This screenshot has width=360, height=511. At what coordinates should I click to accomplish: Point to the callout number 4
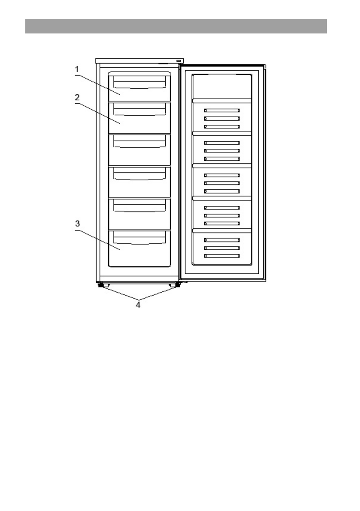[x=138, y=305]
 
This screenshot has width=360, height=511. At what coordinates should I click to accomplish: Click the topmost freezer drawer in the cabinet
[x=139, y=86]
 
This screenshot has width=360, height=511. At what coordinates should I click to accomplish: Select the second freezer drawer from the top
[x=139, y=118]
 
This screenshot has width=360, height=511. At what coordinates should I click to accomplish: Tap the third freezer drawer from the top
[x=139, y=150]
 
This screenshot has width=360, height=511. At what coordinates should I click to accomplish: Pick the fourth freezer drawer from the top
[x=139, y=182]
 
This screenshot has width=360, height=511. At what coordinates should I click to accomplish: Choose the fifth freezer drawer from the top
[x=139, y=214]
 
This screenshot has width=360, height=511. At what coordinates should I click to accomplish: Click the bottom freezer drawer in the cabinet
[x=139, y=248]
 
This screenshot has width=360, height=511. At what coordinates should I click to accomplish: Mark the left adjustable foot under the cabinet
[x=101, y=285]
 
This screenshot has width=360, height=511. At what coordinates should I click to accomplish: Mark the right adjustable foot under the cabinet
[x=173, y=285]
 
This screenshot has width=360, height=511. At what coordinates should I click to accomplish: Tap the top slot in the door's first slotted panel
[x=221, y=110]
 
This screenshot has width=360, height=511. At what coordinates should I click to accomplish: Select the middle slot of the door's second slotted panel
[x=221, y=151]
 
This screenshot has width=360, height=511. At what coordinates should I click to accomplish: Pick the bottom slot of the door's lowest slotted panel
[x=221, y=256]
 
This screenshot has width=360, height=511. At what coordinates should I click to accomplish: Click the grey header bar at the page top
[x=176, y=26]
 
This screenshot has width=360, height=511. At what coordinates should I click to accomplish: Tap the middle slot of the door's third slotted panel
[x=221, y=183]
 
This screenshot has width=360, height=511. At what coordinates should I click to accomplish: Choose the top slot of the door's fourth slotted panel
[x=221, y=207]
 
